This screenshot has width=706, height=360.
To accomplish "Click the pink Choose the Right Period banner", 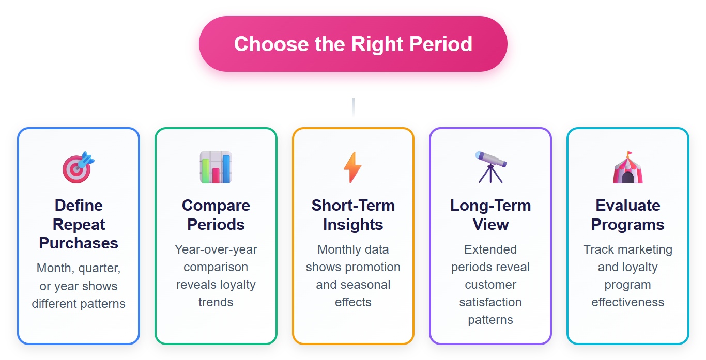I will pyautogui.click(x=353, y=44).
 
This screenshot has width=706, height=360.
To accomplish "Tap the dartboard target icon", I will pyautogui.click(x=79, y=167).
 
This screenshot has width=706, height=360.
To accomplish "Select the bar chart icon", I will pyautogui.click(x=216, y=167).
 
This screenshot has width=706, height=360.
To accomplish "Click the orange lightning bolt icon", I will pyautogui.click(x=353, y=167).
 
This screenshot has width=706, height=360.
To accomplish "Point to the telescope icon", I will pyautogui.click(x=490, y=167).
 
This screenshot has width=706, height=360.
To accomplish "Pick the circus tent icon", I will pyautogui.click(x=627, y=167).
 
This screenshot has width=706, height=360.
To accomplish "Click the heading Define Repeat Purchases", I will pyautogui.click(x=79, y=224).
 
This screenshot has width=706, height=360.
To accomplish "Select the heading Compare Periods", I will pyautogui.click(x=216, y=215).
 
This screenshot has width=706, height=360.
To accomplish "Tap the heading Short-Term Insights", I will pyautogui.click(x=353, y=215).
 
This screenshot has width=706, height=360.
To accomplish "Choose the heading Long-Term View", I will pyautogui.click(x=490, y=215).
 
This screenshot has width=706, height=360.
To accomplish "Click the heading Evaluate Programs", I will pyautogui.click(x=627, y=215).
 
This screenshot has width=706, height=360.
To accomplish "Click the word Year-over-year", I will pyautogui.click(x=216, y=249).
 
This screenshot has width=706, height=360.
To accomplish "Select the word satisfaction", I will pyautogui.click(x=490, y=302).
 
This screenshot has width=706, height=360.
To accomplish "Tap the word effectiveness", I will pyautogui.click(x=627, y=302).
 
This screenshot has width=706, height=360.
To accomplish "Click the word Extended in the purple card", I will pyautogui.click(x=490, y=249).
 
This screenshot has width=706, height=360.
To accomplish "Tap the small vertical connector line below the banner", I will pyautogui.click(x=353, y=107).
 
